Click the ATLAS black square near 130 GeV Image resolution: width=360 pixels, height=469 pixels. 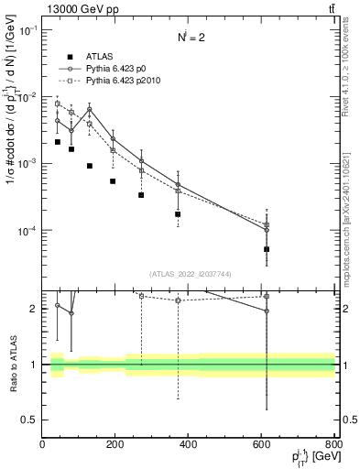click(x=90, y=166)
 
